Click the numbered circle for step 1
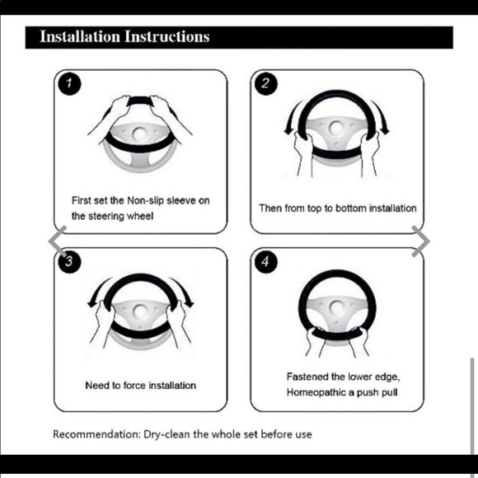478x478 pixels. tap(69, 83)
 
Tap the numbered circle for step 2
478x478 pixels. tap(266, 83)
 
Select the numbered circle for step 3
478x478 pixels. tap(69, 261)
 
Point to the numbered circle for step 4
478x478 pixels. tap(266, 261)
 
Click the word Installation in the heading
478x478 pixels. tap(80, 36)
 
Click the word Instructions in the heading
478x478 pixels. tap(167, 36)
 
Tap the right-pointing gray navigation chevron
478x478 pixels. tap(420, 241)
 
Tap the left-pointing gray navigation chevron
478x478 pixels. tap(58, 241)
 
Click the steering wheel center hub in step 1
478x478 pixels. tap(140, 134)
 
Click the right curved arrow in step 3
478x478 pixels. tap(183, 292)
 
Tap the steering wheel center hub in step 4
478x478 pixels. tap(337, 307)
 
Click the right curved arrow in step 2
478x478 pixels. tap(381, 118)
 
